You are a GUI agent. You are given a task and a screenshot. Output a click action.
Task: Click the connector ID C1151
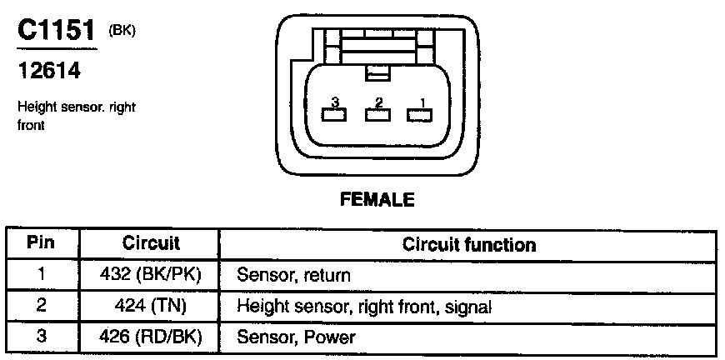coord(56,32)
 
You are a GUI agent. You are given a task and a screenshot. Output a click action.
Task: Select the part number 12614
coord(49,70)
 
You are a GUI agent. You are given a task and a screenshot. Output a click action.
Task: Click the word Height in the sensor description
coord(34,107)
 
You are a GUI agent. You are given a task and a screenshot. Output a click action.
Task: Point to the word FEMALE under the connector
coord(377,199)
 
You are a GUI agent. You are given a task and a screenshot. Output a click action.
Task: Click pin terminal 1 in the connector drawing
coord(420,115)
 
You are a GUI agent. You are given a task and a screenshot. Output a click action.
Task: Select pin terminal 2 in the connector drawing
coord(377,115)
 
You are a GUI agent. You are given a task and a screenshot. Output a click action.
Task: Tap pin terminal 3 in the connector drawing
coord(335,115)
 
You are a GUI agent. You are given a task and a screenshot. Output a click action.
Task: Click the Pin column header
coord(41,242)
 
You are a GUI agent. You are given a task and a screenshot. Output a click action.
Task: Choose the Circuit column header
coord(151,243)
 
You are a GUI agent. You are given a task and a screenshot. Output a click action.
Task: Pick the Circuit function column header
coord(469,244)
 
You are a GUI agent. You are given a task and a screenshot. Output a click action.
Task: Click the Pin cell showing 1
coord(41,275)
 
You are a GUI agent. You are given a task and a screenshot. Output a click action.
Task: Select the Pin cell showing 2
coord(41,306)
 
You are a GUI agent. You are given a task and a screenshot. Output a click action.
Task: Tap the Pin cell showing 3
coord(41,337)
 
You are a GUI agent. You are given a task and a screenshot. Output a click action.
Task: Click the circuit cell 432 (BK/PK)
coord(151,276)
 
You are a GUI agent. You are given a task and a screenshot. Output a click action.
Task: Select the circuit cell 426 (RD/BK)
coord(151,337)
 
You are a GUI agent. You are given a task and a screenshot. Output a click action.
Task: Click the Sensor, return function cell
coord(293,276)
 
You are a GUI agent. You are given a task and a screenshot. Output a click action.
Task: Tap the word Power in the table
coord(329,337)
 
